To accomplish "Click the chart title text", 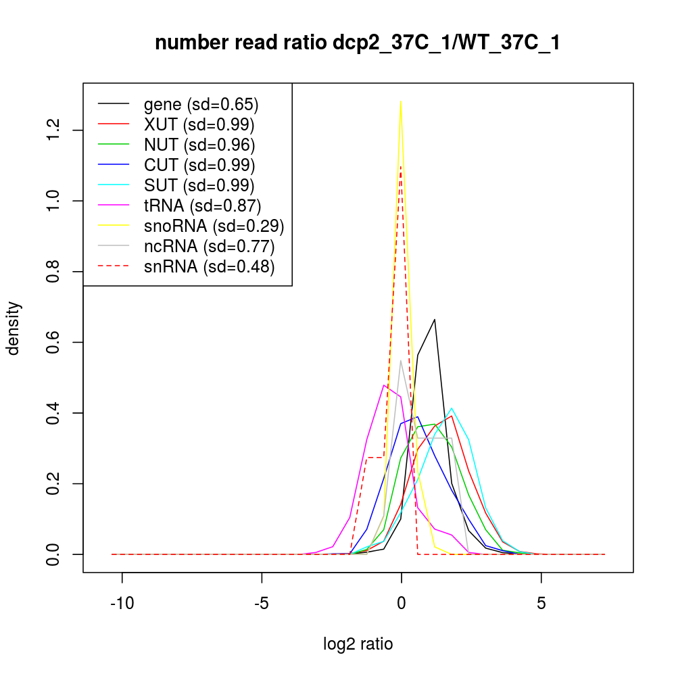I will pyautogui.click(x=357, y=43).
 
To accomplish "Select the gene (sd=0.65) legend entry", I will pyautogui.click(x=201, y=104).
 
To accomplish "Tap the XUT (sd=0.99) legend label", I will pyautogui.click(x=199, y=124).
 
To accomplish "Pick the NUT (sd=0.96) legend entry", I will pyautogui.click(x=199, y=145).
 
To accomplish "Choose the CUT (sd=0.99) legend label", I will pyautogui.click(x=199, y=165).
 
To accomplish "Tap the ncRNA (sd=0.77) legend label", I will pyautogui.click(x=210, y=246).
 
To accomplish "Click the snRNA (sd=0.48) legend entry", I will pyautogui.click(x=210, y=266).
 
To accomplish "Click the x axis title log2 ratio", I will pyautogui.click(x=358, y=644).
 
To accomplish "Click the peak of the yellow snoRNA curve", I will pyautogui.click(x=401, y=101).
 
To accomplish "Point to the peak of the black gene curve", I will pyautogui.click(x=435, y=319).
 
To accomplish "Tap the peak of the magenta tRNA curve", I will pyautogui.click(x=384, y=385).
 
